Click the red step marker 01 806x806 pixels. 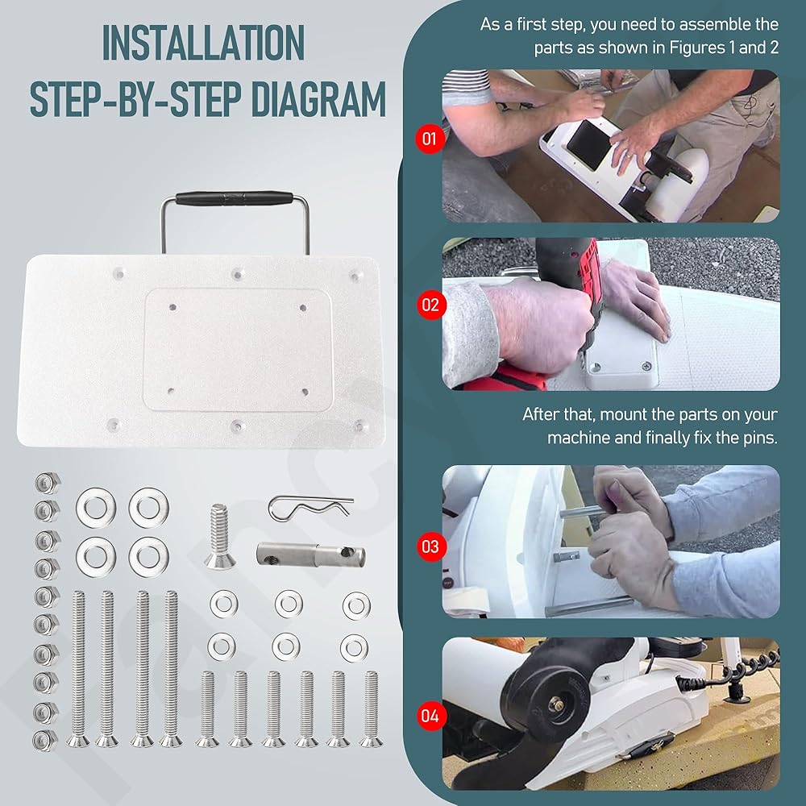coord(430,139)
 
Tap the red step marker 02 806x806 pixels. coord(430,305)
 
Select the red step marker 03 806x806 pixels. coord(430,546)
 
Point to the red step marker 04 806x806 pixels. coord(430,716)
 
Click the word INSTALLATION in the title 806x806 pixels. coord(204,44)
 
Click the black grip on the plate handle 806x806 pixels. coord(235,198)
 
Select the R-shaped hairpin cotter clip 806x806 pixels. coord(310,507)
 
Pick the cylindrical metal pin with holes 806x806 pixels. coord(311,555)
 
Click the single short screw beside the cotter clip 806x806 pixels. coord(220,536)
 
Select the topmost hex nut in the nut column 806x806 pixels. coord(48,483)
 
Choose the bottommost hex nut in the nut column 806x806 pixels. coord(45,740)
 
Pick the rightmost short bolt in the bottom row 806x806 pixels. coord(371,708)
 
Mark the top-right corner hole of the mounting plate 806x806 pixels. coord(355,276)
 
